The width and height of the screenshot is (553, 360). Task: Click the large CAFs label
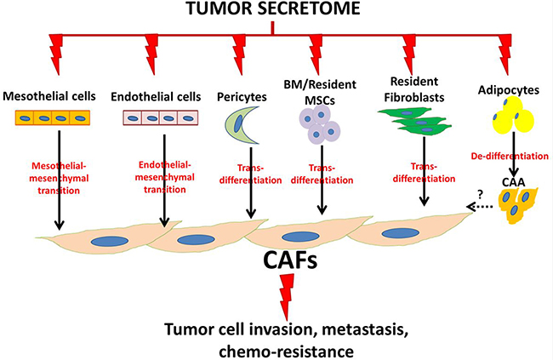tap(277, 258)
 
